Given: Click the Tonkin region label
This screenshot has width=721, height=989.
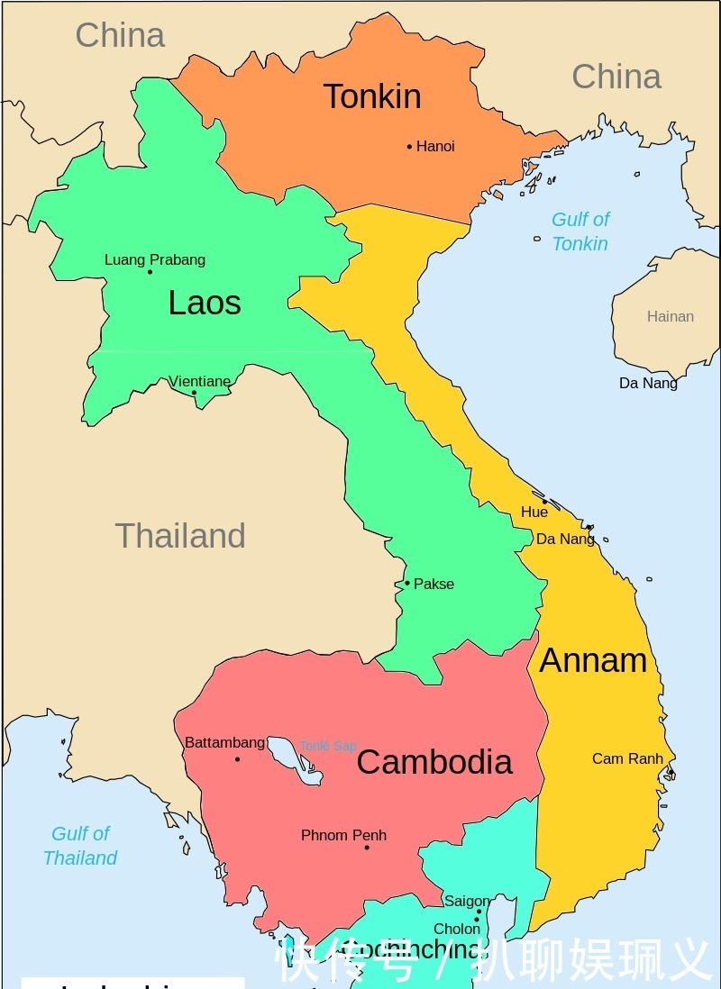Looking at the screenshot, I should tap(372, 96).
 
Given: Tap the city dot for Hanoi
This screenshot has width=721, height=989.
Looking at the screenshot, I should tap(409, 146).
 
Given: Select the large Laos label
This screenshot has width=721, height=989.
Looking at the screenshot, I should tap(205, 303).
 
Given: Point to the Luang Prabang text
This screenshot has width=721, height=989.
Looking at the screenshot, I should tap(155, 259).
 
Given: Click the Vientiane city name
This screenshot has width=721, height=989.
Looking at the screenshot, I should tap(200, 381).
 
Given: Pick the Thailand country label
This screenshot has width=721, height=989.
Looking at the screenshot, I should tap(180, 536).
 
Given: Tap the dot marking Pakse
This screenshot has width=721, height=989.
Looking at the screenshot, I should tap(406, 583).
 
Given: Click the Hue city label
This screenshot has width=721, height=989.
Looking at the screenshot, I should tap(534, 512).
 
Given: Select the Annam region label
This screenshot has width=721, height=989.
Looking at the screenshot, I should tap(593, 660).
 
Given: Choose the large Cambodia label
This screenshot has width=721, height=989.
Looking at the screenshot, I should tap(434, 762).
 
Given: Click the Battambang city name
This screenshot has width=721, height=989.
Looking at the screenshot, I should tap(224, 742).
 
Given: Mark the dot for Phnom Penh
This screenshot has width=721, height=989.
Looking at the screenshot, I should tap(367, 848).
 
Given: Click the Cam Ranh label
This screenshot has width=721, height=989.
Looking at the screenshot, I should tap(627, 758).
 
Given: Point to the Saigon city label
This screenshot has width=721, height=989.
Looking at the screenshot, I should tap(467, 901).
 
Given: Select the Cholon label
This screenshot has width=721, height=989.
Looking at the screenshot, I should tap(457, 929).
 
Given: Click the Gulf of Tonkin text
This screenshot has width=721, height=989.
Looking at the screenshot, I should tap(580, 231).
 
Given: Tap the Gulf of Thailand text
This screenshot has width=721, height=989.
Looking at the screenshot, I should tap(80, 846).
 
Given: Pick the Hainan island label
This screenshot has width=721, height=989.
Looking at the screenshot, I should tap(671, 316).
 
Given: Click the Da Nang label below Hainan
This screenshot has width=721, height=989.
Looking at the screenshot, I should tap(648, 383).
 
